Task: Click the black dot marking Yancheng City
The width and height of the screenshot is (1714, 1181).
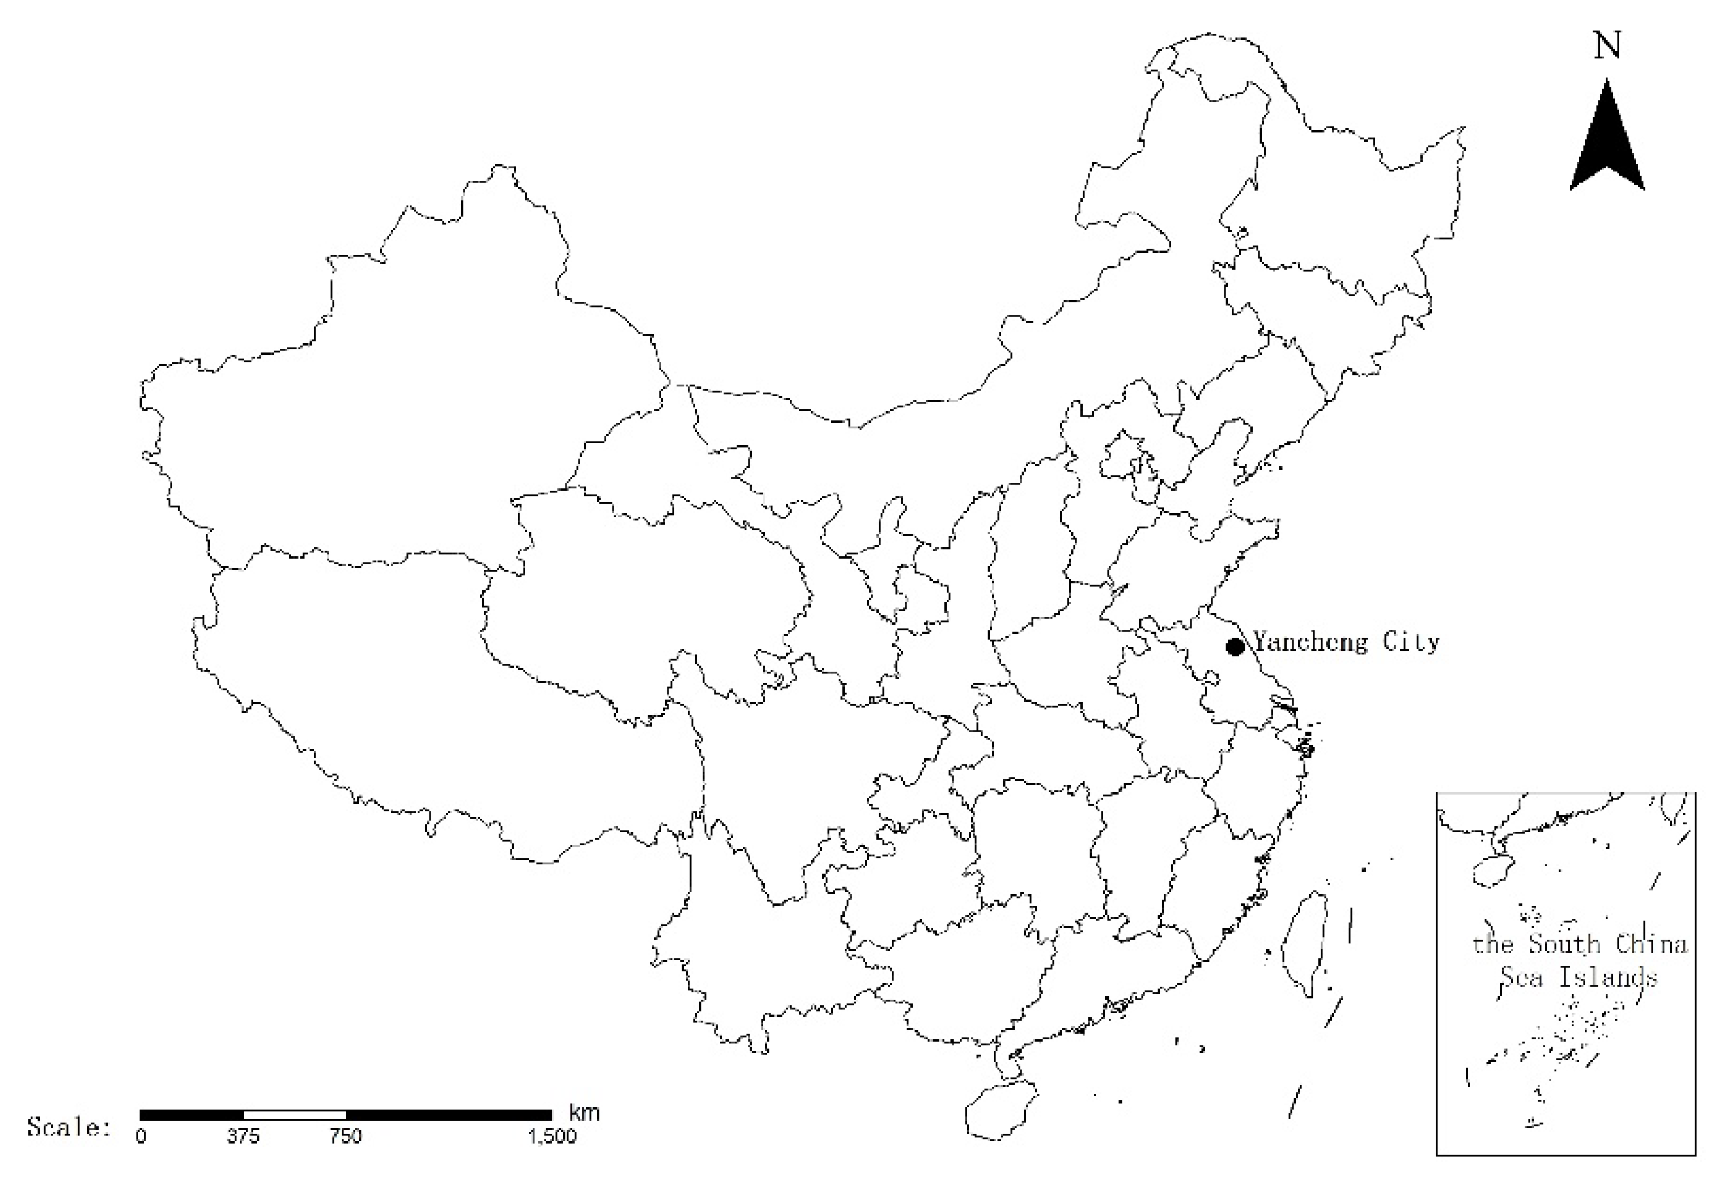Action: click(1234, 647)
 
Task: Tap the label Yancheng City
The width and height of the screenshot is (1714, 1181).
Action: click(1346, 642)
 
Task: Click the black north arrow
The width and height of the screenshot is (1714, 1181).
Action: click(1607, 145)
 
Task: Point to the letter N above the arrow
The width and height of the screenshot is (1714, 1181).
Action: click(1606, 46)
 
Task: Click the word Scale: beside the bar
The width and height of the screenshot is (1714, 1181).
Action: click(69, 1128)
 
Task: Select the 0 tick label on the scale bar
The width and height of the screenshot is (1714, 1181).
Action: click(141, 1137)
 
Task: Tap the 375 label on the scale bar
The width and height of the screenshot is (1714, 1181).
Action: click(243, 1137)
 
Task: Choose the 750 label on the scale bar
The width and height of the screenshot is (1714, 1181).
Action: click(346, 1137)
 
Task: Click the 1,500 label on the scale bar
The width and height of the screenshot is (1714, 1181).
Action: click(552, 1137)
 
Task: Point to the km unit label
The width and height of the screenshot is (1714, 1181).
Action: click(584, 1113)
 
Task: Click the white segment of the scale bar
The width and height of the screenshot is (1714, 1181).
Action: click(294, 1115)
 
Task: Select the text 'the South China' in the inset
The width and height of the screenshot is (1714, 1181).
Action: click(1579, 944)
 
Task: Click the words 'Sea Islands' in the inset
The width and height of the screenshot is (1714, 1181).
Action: click(1579, 978)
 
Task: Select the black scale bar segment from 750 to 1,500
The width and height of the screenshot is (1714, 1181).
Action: click(448, 1115)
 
